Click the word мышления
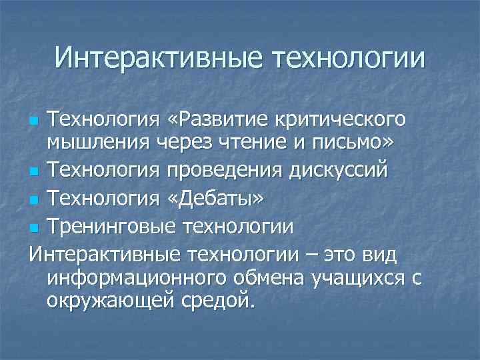99,142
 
